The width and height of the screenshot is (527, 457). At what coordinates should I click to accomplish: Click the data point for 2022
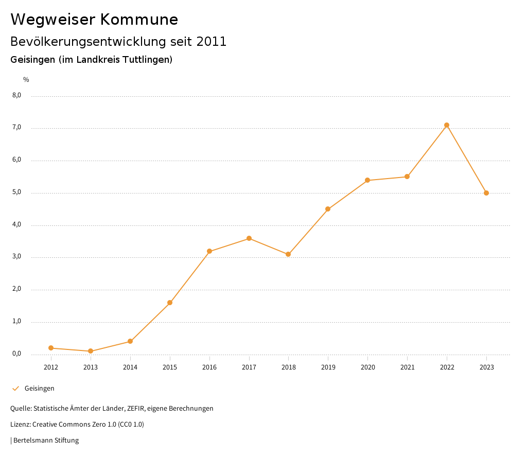[x=447, y=125]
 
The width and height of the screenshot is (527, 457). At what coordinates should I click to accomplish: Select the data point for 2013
[x=91, y=351]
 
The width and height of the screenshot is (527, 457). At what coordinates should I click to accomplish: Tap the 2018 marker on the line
[x=288, y=254]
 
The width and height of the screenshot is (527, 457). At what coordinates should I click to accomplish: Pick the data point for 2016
[x=209, y=251]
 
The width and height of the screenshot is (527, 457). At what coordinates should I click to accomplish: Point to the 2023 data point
[x=486, y=193]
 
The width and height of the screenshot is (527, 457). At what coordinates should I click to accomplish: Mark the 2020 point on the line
[x=367, y=180]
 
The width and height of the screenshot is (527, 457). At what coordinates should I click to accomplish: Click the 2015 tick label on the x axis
[x=170, y=367]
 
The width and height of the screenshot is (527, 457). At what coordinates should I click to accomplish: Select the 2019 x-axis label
[x=328, y=367]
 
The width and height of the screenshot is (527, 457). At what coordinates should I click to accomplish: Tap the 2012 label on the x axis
[x=51, y=367]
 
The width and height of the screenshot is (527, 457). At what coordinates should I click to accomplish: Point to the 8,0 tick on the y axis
[x=16, y=95]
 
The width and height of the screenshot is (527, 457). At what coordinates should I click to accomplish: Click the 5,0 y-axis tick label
[x=16, y=192]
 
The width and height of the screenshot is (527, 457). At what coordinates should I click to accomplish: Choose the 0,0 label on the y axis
[x=16, y=354]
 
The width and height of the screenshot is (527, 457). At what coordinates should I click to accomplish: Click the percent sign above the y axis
[x=26, y=80]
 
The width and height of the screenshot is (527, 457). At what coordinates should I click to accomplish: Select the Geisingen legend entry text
[x=39, y=389]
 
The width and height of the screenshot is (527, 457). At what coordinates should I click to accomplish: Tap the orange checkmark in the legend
[x=15, y=389]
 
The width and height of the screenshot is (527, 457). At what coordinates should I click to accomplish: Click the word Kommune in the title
[x=139, y=20]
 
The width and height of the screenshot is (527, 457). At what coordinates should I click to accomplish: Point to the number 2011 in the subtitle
[x=212, y=42]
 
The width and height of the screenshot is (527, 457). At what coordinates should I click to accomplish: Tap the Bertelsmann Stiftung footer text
[x=46, y=441]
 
